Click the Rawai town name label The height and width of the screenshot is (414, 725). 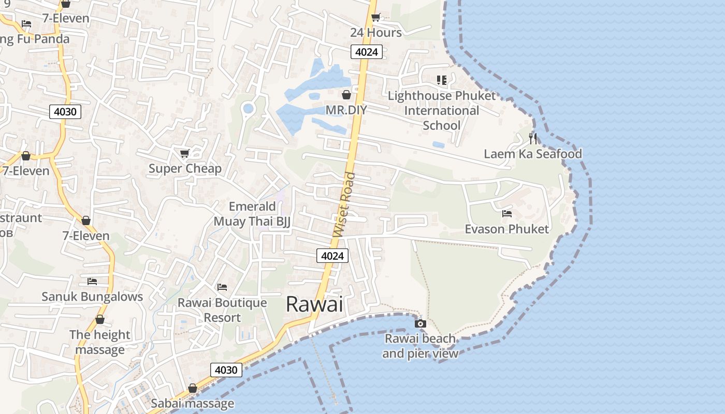314,304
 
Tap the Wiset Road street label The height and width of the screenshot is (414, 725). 345,205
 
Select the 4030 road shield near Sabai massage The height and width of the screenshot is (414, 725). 226,370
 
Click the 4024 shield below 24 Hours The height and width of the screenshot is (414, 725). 367,52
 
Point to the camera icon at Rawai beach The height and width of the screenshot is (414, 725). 420,324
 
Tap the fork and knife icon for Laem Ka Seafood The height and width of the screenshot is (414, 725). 533,138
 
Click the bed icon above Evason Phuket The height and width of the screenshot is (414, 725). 507,213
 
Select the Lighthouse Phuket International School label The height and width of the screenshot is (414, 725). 442,111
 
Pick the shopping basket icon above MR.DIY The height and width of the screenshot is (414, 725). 346,95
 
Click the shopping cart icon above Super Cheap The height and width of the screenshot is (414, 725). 184,153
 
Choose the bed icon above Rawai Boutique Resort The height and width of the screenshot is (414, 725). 222,287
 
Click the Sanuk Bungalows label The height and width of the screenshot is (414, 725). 92,297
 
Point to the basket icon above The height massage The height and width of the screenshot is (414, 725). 99,319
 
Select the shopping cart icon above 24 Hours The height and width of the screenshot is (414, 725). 376,17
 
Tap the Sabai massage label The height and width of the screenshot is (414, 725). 192,404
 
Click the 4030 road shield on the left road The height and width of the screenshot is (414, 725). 65,111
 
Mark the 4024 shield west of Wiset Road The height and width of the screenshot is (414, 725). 332,256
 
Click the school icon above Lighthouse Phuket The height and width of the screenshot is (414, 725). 441,80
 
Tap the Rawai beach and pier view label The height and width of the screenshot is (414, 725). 420,346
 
